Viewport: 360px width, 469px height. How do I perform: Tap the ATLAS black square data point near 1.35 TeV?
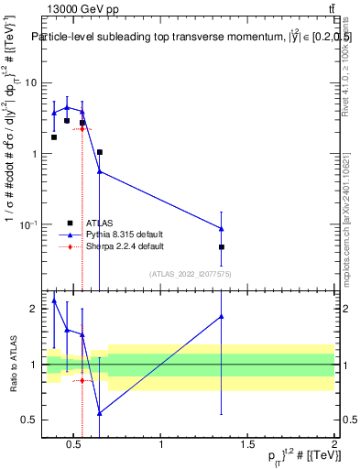tap(222, 247)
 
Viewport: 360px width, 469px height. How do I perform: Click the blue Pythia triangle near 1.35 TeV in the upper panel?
tap(222, 228)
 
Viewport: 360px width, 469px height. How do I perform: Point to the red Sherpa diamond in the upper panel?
tap(82, 129)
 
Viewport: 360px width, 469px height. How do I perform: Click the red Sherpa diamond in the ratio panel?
tap(82, 380)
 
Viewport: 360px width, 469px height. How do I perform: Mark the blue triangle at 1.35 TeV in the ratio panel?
tap(222, 316)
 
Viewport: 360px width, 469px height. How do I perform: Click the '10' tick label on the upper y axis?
tap(29, 82)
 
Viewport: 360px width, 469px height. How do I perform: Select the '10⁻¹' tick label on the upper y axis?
tap(27, 224)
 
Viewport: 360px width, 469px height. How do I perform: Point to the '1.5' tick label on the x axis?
tap(248, 445)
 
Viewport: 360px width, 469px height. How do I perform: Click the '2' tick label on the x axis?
tap(333, 445)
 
